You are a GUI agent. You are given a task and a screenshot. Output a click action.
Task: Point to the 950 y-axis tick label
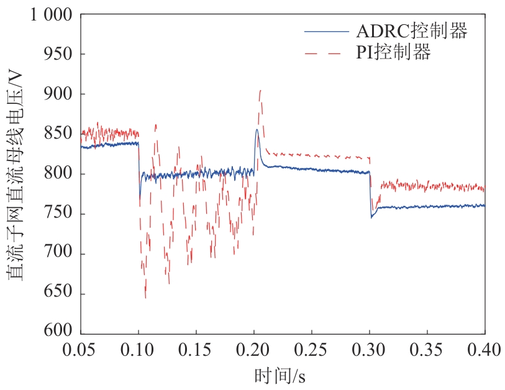[59, 54]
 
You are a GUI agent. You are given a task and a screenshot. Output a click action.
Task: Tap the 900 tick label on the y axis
[59, 94]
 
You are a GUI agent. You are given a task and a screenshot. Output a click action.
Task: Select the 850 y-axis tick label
[59, 134]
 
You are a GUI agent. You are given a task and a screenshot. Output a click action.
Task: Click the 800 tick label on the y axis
[59, 174]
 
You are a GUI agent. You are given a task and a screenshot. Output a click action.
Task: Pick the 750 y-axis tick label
[59, 214]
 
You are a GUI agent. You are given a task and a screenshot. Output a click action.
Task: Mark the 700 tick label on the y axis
[59, 254]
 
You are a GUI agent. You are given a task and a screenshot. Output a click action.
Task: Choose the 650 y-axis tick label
[59, 294]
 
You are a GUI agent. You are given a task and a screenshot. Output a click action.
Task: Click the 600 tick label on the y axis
[59, 331]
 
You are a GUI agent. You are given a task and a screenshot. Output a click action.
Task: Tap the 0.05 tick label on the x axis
[81, 351]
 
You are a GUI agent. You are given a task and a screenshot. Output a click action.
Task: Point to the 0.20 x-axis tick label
[253, 351]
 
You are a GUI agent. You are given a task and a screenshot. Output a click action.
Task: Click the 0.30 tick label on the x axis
[370, 351]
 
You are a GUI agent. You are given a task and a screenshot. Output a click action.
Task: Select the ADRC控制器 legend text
[411, 30]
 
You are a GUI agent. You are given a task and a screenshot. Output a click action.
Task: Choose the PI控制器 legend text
[393, 53]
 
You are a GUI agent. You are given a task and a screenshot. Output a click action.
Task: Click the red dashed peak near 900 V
[260, 91]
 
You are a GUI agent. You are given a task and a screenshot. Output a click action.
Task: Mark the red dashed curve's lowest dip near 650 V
[145, 297]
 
